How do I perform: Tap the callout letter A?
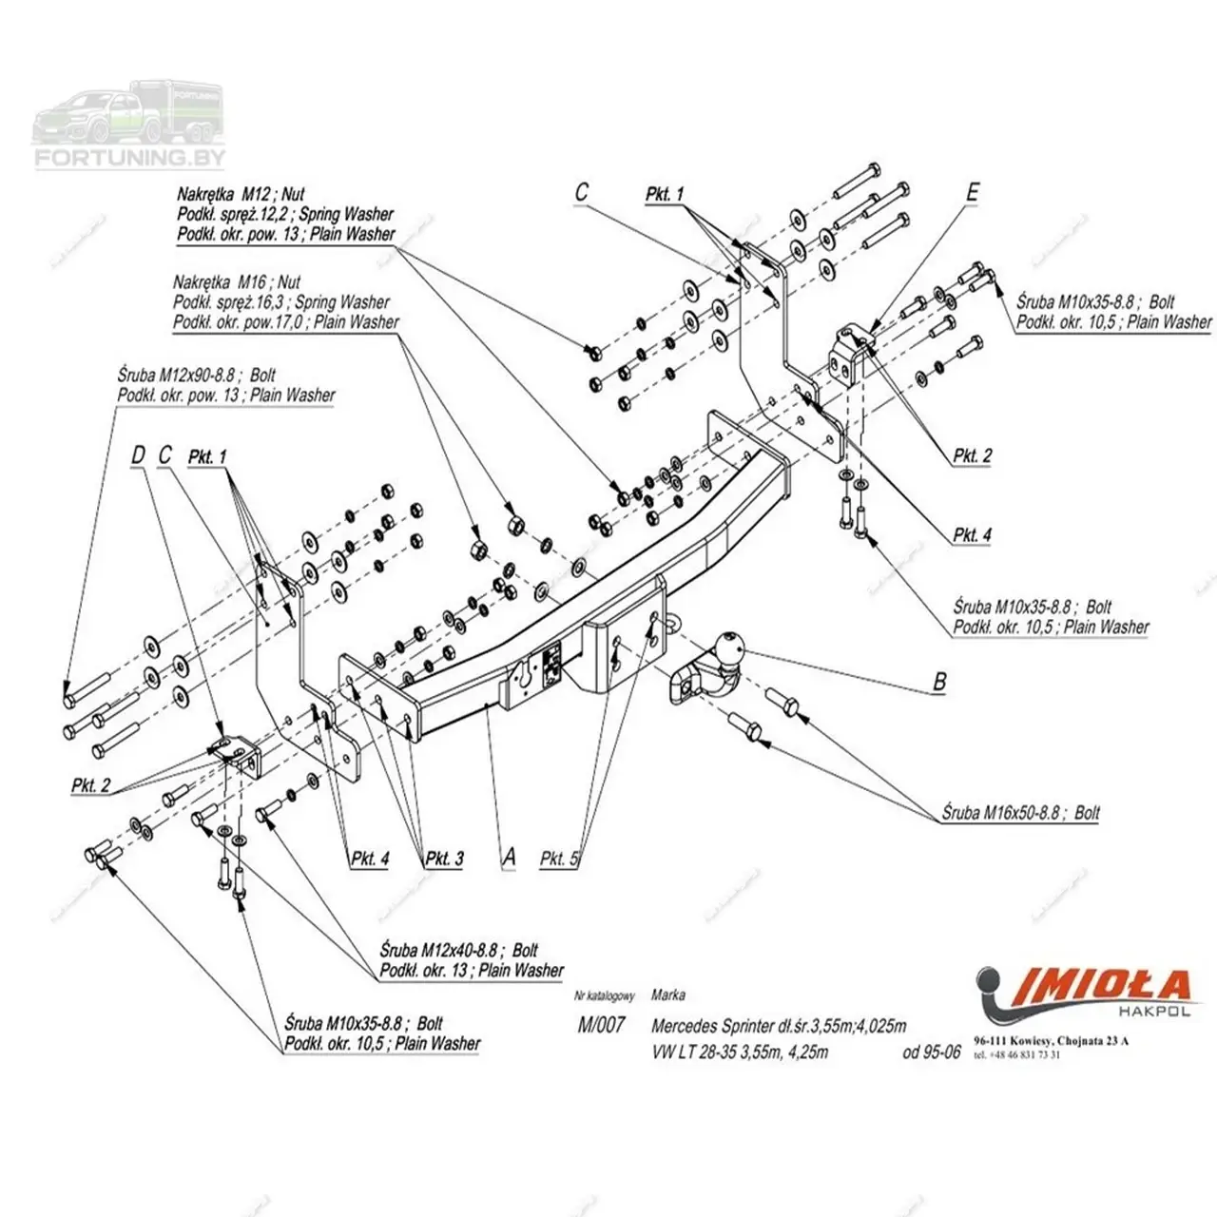(x=510, y=857)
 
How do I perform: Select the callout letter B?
(x=939, y=681)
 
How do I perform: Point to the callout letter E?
(x=972, y=191)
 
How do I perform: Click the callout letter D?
(x=137, y=455)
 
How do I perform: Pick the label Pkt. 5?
(x=559, y=859)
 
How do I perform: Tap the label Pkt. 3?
(x=444, y=859)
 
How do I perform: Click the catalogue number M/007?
(x=601, y=1026)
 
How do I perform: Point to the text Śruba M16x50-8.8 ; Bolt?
(x=1021, y=813)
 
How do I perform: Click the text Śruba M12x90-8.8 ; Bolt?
(x=197, y=377)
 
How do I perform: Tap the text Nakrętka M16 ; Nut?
(x=237, y=282)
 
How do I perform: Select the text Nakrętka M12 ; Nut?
(x=241, y=195)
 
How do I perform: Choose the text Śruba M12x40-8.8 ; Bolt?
(x=458, y=950)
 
